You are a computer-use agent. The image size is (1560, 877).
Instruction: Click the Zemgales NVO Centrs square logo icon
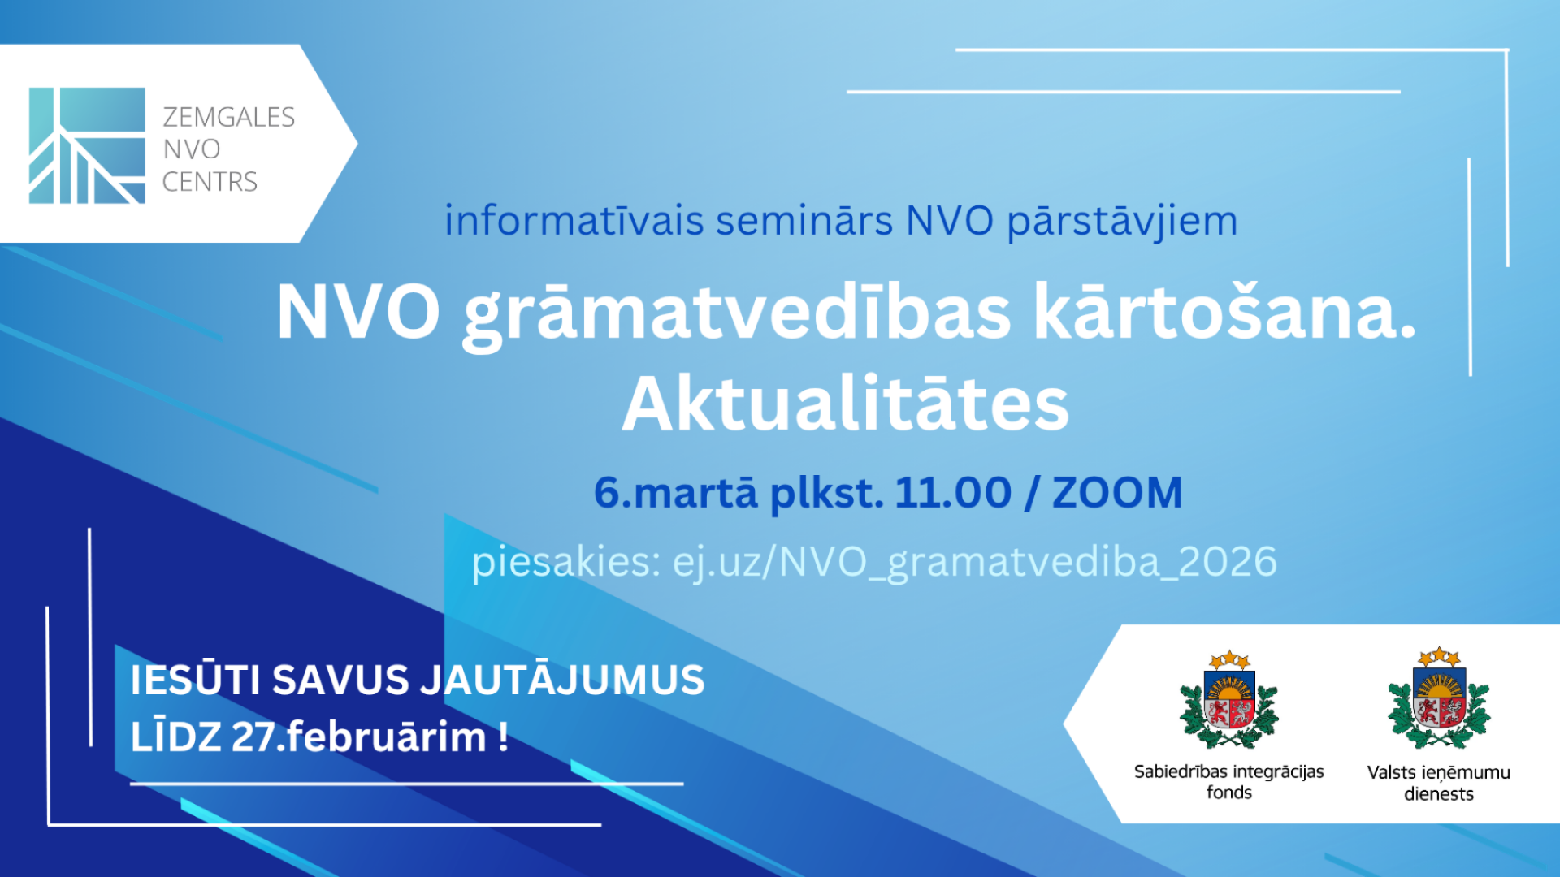[x=87, y=145]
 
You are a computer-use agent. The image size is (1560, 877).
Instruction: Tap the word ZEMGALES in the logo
[x=229, y=118]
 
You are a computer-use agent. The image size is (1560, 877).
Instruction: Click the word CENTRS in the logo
[x=210, y=182]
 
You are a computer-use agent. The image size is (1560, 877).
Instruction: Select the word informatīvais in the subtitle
[x=574, y=221]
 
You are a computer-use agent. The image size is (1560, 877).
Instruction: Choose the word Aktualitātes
[x=846, y=404]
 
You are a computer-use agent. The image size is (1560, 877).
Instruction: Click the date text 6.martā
[x=676, y=492]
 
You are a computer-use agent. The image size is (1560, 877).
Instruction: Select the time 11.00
[x=953, y=492]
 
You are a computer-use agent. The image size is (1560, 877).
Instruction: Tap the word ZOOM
[x=1117, y=493]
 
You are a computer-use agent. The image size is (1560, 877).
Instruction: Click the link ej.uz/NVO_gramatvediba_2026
[x=975, y=562]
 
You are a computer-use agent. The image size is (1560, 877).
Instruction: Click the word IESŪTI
[x=195, y=680]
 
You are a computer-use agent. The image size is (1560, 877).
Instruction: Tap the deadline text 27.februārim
[x=359, y=737]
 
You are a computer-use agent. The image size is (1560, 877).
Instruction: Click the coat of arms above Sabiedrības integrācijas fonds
[x=1229, y=699]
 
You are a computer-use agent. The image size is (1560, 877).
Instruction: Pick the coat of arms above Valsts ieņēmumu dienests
[x=1439, y=698]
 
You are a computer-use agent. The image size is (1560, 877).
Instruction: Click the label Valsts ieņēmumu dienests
[x=1439, y=783]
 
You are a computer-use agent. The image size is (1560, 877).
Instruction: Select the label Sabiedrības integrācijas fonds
[x=1229, y=781]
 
